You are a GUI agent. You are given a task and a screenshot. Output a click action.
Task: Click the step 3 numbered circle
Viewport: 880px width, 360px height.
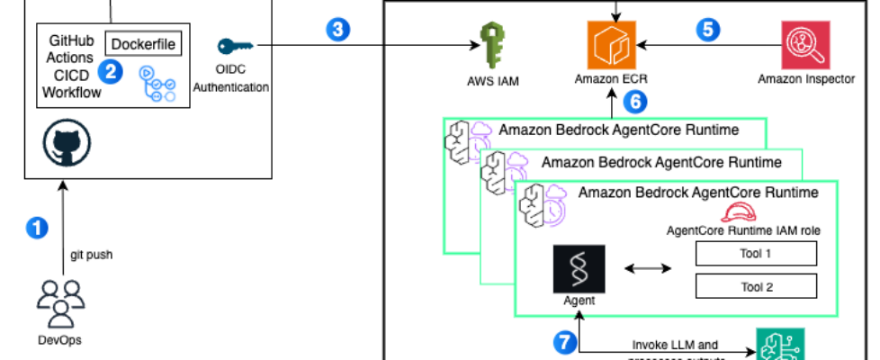click(x=337, y=29)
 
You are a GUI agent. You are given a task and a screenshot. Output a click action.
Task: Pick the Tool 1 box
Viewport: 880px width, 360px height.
click(x=756, y=254)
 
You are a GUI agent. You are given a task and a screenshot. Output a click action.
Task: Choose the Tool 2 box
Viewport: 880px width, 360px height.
click(x=756, y=286)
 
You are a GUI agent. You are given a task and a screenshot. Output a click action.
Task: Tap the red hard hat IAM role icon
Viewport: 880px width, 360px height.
click(x=740, y=211)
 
